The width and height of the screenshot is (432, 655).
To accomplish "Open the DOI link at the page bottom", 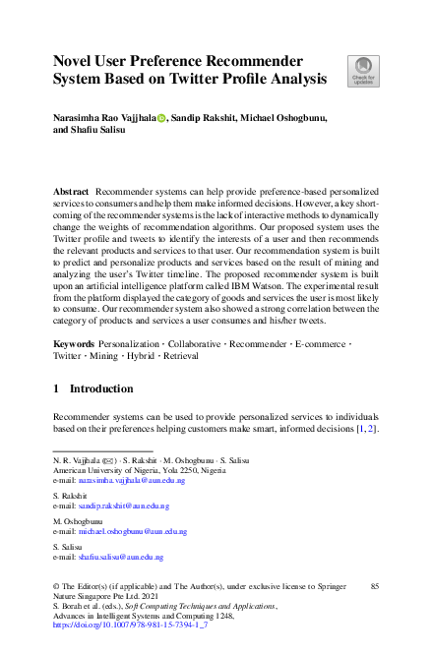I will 128,625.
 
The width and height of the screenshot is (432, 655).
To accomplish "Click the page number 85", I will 374,586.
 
